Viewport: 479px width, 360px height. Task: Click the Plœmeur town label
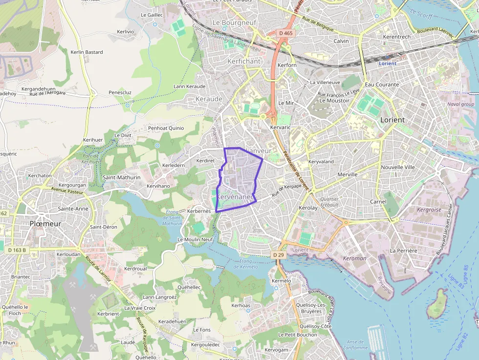(45, 223)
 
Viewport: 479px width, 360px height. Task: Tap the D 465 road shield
(286, 33)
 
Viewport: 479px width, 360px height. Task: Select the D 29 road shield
(278, 255)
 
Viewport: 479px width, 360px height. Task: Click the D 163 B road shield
(17, 250)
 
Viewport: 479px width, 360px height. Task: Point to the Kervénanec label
(236, 196)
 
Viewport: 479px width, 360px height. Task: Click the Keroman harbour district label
(354, 258)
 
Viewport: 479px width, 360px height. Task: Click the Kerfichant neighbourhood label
(244, 62)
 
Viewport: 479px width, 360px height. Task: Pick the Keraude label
(209, 99)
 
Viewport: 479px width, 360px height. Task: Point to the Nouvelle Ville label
(397, 167)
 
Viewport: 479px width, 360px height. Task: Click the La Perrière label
(403, 251)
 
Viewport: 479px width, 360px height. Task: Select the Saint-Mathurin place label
(122, 177)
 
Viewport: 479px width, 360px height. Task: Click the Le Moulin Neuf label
(195, 239)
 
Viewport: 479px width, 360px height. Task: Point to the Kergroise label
(429, 210)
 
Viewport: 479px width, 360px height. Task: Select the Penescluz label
(120, 92)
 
